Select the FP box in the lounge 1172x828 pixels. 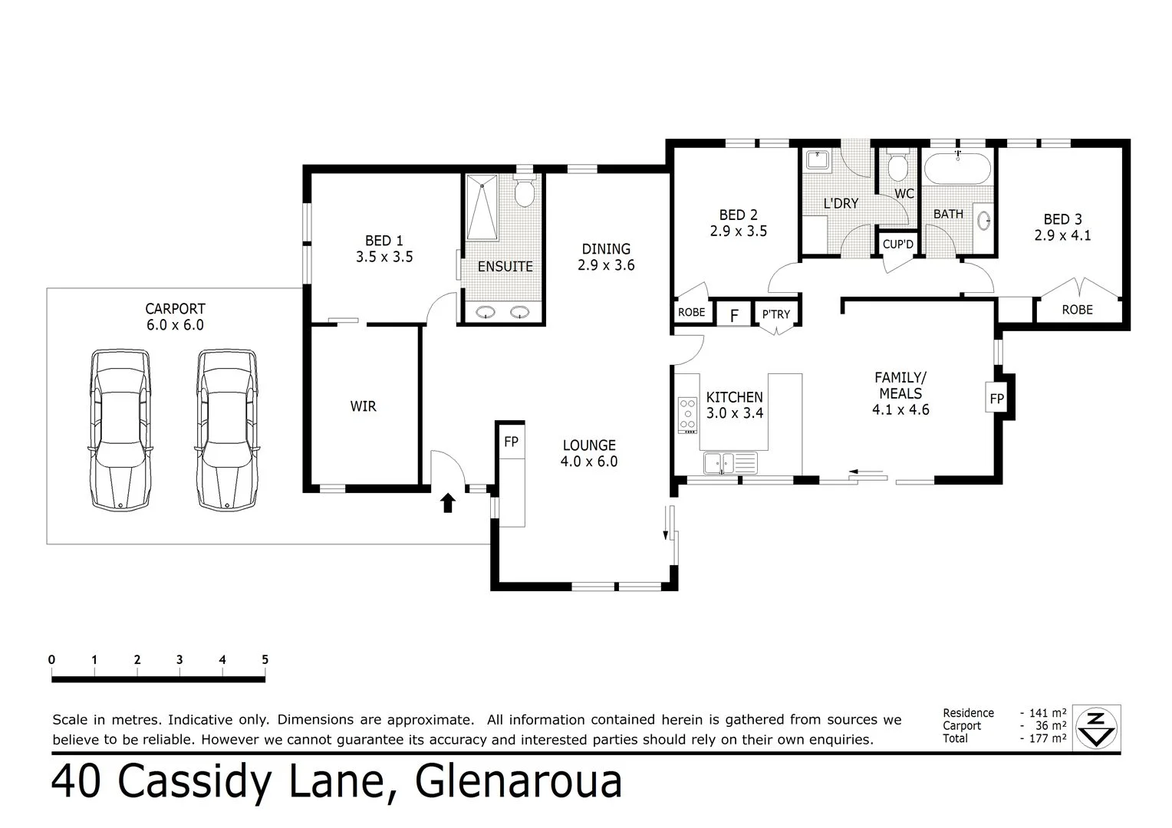511,442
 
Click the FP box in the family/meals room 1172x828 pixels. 996,399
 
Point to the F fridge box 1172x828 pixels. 734,315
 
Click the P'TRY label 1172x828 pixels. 775,314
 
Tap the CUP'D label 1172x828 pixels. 898,245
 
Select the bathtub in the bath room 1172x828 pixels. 957,169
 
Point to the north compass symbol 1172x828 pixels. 1097,727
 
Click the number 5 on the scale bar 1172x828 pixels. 265,660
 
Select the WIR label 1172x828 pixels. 363,406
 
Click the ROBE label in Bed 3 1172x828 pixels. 1077,310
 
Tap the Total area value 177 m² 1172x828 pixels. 1047,739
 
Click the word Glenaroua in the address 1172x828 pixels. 519,782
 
